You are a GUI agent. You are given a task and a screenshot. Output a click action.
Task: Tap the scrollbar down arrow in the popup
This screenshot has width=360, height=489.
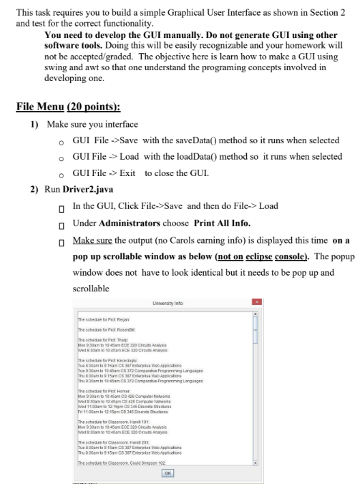tap(256, 462)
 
